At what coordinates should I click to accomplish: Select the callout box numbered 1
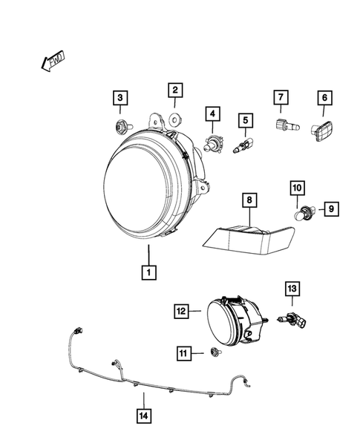(x=149, y=272)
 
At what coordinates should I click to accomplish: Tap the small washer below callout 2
(x=175, y=117)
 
